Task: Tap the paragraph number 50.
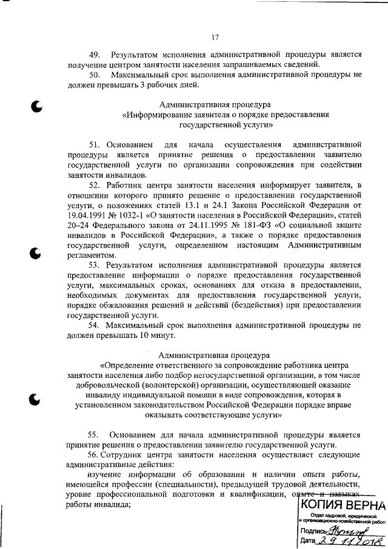click(95, 75)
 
